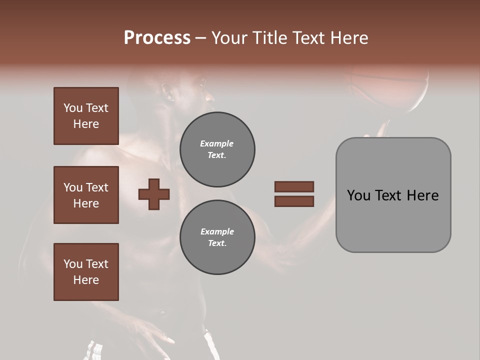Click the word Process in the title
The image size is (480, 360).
157,38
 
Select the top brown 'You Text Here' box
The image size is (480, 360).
86,116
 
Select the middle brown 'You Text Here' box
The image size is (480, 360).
86,195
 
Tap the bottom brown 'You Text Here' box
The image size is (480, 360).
86,272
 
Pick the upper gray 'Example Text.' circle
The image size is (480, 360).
217,149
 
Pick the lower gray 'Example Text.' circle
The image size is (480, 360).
217,237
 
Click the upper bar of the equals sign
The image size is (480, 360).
294,187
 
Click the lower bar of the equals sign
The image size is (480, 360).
294,201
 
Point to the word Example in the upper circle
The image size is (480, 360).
217,143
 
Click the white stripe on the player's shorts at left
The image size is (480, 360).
92,350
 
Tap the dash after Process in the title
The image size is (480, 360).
201,38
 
